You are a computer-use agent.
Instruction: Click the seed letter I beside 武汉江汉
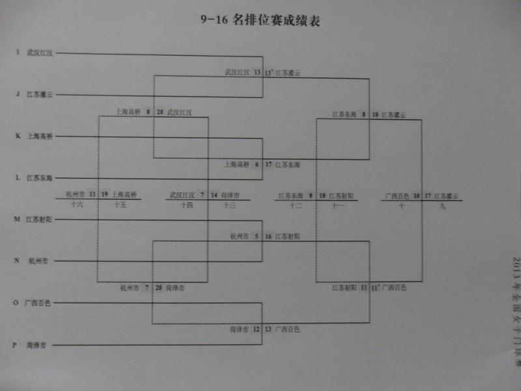click(x=18, y=53)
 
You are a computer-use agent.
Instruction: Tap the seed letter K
click(x=18, y=136)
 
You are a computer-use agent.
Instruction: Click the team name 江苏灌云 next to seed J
click(x=40, y=94)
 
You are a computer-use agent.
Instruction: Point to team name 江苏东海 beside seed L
click(x=40, y=178)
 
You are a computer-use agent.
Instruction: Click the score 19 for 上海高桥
click(x=105, y=194)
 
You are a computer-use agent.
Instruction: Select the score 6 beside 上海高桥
click(x=257, y=164)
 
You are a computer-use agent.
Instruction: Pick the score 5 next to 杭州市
click(x=257, y=237)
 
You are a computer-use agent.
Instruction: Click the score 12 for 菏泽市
click(x=257, y=329)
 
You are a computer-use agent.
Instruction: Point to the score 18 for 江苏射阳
click(x=322, y=195)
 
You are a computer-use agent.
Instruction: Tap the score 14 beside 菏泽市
click(x=214, y=194)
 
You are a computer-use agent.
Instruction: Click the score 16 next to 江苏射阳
click(x=268, y=237)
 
